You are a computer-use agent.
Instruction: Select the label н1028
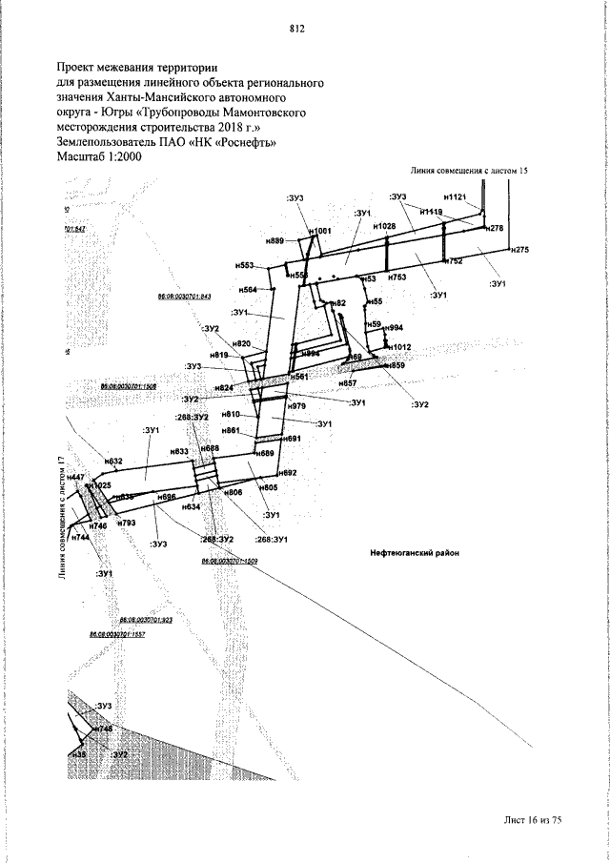384,226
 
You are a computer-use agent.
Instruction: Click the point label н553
244,265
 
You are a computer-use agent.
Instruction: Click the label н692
289,473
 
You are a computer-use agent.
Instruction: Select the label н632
113,462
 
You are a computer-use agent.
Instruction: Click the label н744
81,538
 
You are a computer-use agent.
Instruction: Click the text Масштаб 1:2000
99,157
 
